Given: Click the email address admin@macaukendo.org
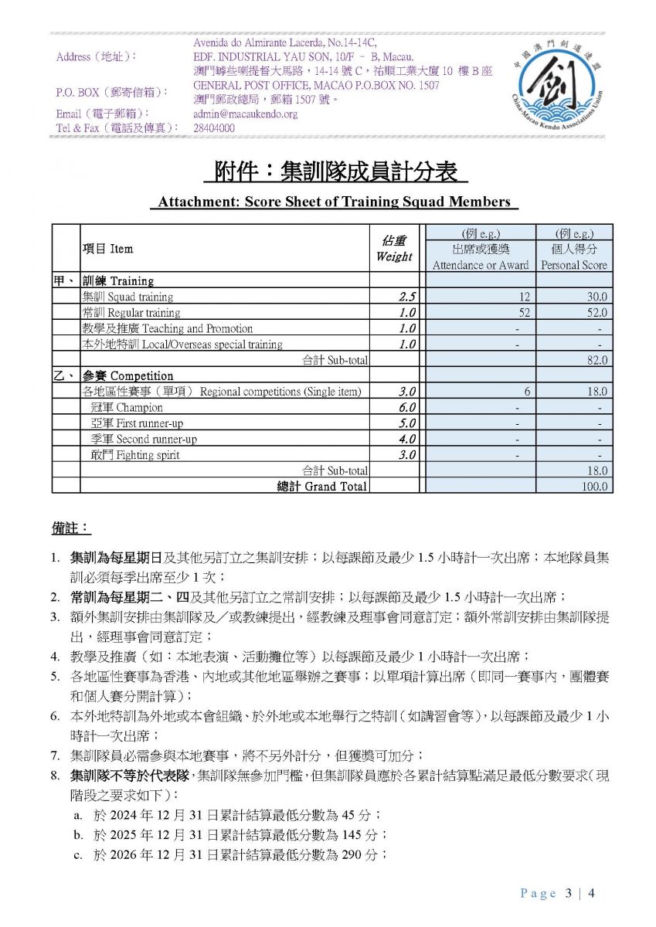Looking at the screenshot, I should point(245,114).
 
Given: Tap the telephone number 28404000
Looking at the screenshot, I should point(214,128).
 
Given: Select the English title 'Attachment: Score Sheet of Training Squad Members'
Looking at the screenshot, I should point(334,202).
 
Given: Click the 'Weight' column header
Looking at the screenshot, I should point(394,256).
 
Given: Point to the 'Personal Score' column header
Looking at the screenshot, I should point(574,265).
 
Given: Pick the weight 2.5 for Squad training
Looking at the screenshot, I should point(407,297).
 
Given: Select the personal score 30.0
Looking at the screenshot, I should point(597,297).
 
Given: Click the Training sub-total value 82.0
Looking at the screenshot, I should point(597,360).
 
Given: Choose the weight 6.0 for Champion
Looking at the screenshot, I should point(407,407).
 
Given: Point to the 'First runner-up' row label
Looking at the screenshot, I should point(134,423).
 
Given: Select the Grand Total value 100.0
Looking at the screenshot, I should point(595,487).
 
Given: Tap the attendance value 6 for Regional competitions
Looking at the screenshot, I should point(526,392).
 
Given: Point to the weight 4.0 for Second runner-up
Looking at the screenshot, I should point(407,439).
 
